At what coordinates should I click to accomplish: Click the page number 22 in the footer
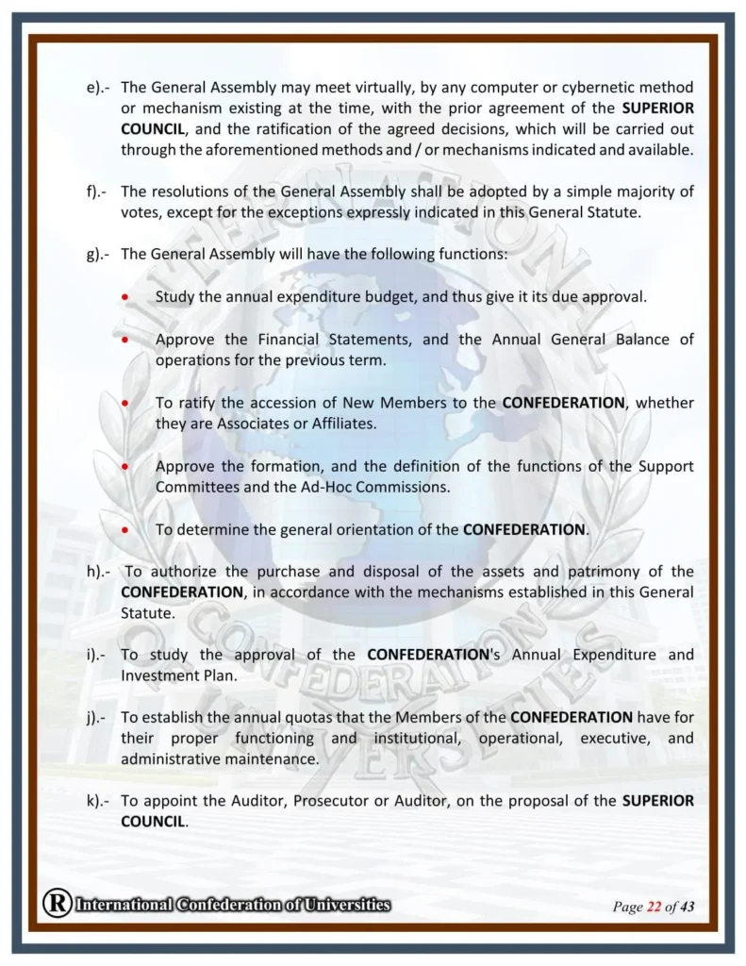coord(654,908)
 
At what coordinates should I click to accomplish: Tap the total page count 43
coord(687,908)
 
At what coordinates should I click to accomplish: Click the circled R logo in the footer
coord(56,905)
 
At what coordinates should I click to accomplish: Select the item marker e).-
coord(97,88)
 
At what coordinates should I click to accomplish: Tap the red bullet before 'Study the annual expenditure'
coord(125,296)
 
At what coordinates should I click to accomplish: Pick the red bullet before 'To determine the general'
coord(125,529)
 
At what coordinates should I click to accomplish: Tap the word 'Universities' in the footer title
coord(342,906)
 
